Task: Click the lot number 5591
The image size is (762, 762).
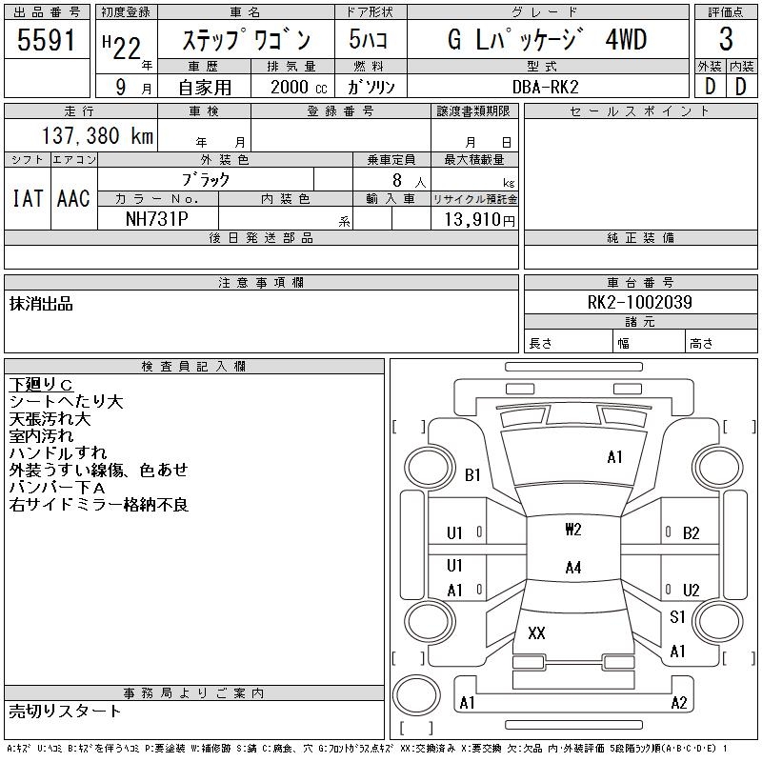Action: (47, 40)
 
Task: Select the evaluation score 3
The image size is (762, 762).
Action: (726, 40)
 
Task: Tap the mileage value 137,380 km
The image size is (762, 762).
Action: (94, 136)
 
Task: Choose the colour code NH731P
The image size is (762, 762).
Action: (157, 218)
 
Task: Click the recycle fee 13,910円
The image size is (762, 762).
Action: (474, 219)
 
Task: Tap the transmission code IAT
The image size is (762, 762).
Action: (27, 198)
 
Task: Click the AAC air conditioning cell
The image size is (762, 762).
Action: (73, 198)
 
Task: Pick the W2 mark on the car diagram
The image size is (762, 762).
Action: (572, 530)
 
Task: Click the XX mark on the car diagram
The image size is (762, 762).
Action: (536, 633)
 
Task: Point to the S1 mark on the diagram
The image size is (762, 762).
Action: (677, 617)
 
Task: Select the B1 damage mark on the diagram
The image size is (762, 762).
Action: (472, 475)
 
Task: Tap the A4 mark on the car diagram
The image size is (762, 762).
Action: (572, 568)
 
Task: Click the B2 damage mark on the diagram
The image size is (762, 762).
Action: (692, 533)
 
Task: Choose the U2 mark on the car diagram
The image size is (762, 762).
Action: (692, 591)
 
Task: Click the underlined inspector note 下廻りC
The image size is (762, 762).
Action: (41, 385)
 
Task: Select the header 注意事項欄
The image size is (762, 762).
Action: (261, 283)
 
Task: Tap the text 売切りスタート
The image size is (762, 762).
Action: (65, 712)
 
